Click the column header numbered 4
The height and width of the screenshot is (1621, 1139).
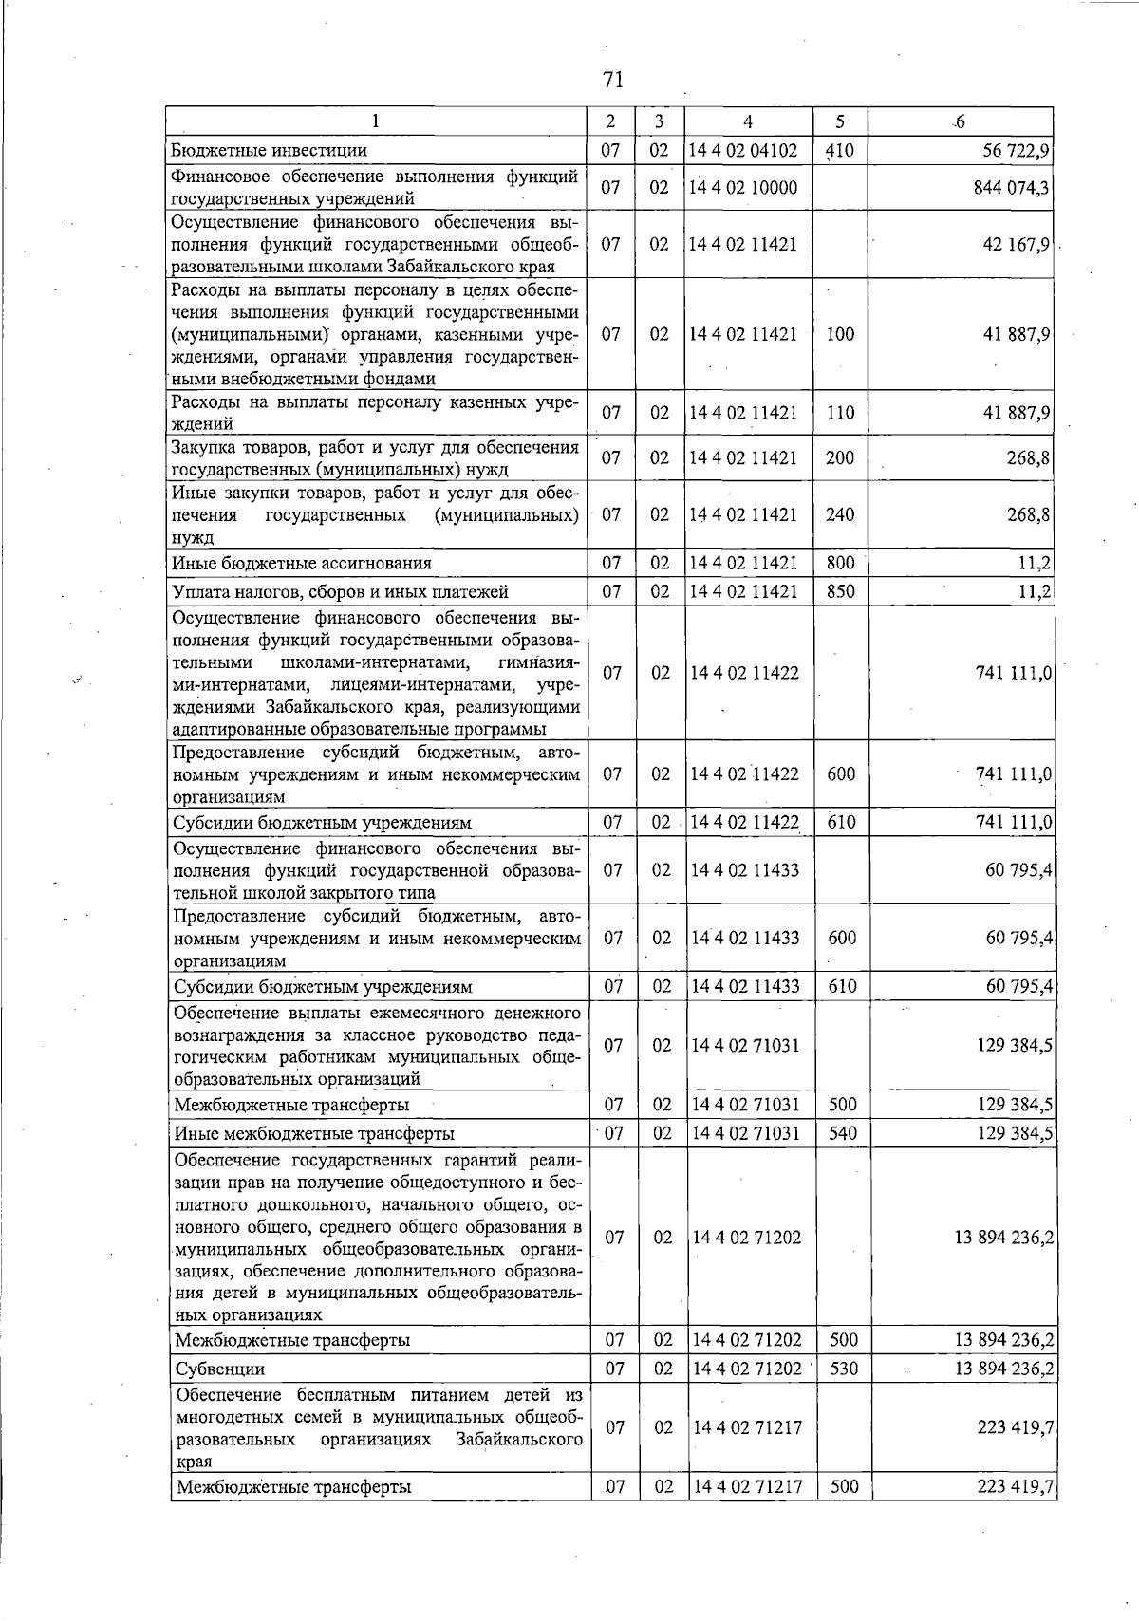tap(748, 121)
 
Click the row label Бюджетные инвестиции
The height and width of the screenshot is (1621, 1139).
tap(269, 150)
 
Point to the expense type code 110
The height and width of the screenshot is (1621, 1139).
tap(840, 413)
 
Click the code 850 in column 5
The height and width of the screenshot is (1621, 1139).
tap(840, 591)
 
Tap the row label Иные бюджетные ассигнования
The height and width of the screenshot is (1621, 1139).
tap(301, 563)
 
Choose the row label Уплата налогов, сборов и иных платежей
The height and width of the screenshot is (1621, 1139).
tap(340, 591)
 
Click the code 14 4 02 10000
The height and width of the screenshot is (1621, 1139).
tap(743, 187)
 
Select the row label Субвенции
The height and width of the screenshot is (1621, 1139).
tap(220, 1369)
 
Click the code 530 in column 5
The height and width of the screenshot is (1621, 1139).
tap(843, 1369)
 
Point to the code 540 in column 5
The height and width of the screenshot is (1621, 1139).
tap(843, 1133)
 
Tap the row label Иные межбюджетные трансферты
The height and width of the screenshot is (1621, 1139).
tap(314, 1133)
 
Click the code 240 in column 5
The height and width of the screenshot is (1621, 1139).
tap(840, 514)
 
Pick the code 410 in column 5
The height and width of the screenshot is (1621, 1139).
tap(840, 150)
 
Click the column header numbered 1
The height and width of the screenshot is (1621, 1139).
tap(377, 121)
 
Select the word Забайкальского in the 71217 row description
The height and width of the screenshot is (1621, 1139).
tap(519, 1466)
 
